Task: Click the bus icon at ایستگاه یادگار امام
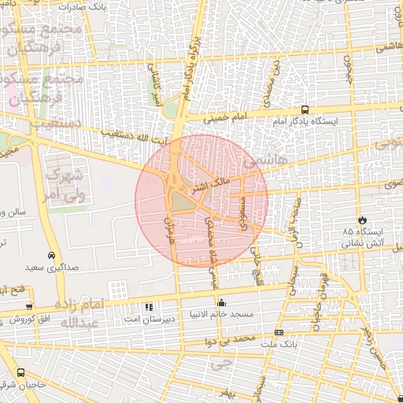305,111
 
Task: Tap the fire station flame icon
362,220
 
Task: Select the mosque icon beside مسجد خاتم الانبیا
221,303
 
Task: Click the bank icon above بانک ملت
278,332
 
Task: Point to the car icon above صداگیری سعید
51,256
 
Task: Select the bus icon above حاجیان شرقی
20,372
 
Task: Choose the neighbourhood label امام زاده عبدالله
70,313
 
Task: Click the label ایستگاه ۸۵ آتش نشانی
361,238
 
